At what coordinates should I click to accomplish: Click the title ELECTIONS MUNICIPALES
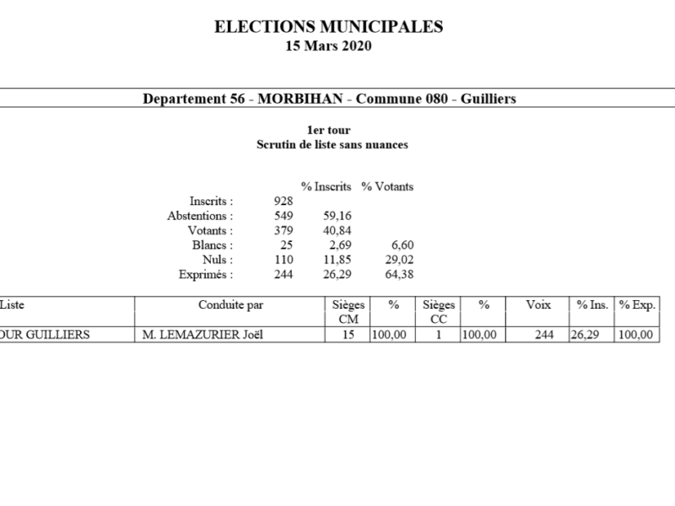(329, 27)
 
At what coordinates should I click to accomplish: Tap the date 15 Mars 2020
(329, 46)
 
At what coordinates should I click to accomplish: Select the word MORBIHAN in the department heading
(300, 99)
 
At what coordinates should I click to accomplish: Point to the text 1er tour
(329, 130)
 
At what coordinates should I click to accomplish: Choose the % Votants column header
(387, 186)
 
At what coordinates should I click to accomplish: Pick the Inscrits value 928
(283, 201)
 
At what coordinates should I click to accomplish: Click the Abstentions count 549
(283, 216)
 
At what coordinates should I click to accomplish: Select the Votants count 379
(283, 230)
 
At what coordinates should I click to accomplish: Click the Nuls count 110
(283, 260)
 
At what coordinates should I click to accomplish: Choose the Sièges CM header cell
(347, 311)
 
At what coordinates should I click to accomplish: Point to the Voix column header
(538, 304)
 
